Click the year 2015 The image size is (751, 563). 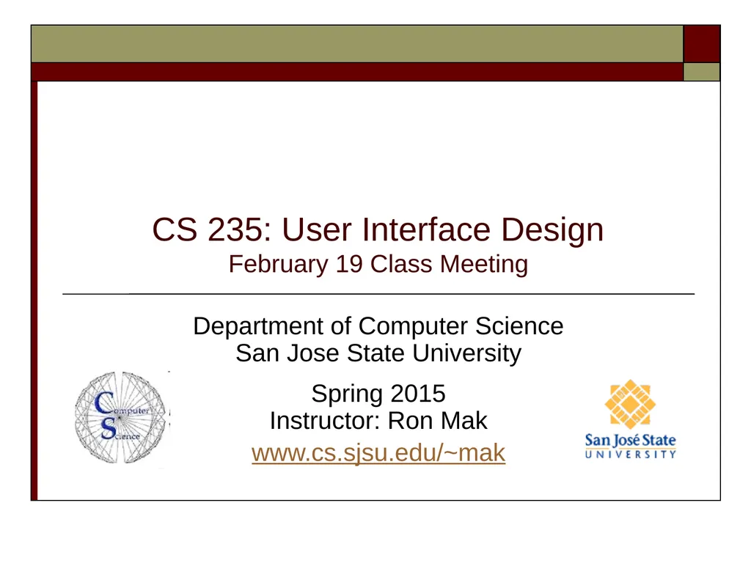[x=418, y=394]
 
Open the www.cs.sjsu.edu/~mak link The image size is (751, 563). [x=378, y=453]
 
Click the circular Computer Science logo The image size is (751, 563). [x=121, y=418]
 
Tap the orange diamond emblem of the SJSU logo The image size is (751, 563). [x=630, y=404]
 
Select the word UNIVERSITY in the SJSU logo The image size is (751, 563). [x=631, y=455]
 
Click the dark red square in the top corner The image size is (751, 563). [x=702, y=43]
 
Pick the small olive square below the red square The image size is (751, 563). [x=702, y=71]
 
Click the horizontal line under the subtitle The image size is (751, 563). [x=378, y=294]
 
